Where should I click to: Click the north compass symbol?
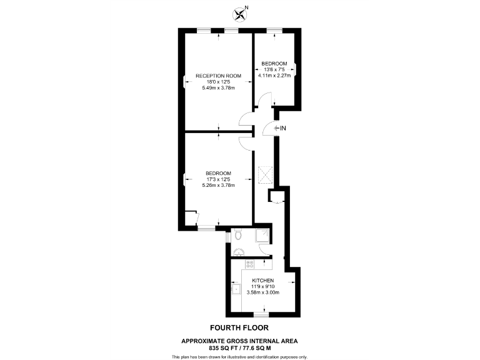[x=239, y=12]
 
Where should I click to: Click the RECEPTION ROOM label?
[x=218, y=76]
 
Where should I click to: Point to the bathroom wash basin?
[x=238, y=252]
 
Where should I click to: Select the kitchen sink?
[x=236, y=289]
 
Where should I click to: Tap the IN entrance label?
[x=282, y=129]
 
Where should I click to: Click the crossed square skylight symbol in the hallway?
[x=264, y=172]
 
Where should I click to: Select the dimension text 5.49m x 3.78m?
[x=218, y=88]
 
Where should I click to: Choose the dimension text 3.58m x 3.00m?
[x=263, y=292]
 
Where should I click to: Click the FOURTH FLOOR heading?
[x=239, y=327]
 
